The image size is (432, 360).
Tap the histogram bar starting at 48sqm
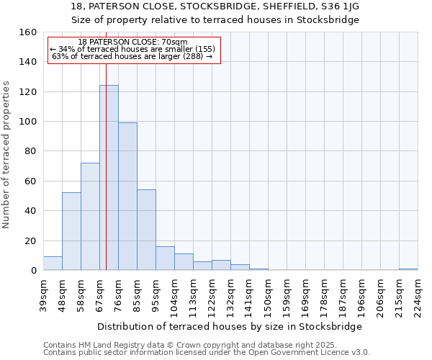point(71,231)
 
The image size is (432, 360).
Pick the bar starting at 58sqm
point(90,216)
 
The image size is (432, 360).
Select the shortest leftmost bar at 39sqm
point(53,264)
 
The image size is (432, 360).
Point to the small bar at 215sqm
point(408,269)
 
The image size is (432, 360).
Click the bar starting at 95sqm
point(165,258)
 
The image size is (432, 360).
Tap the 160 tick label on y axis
point(28,32)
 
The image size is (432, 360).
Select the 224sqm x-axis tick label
point(418,297)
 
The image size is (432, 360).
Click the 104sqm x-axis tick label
point(175,297)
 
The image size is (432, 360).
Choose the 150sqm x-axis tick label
point(269,297)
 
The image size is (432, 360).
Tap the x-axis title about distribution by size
point(230,326)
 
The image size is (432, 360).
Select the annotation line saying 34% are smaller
point(132,49)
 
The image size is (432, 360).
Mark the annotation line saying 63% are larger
point(132,56)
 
